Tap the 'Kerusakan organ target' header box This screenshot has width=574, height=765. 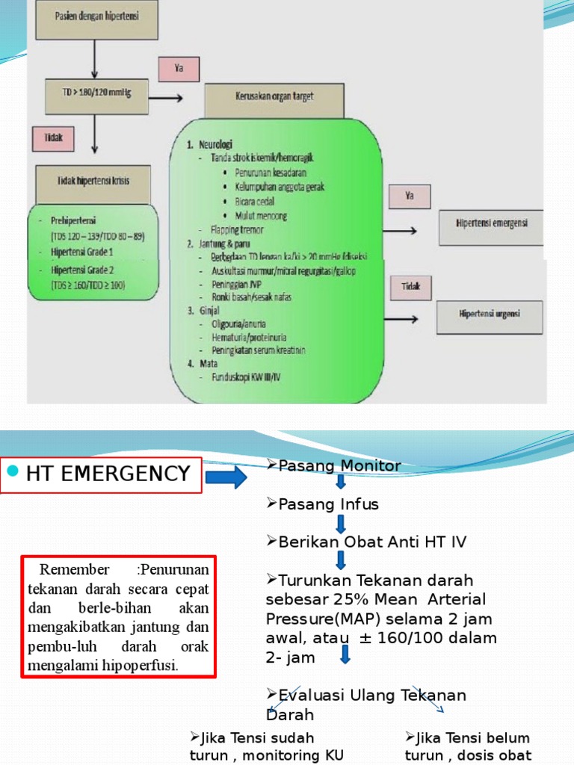274,100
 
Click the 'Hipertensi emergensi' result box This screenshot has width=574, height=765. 490,227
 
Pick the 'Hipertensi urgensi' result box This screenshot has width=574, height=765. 490,313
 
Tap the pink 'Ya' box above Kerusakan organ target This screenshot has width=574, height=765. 179,68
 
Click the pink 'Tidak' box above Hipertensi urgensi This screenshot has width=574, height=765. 410,286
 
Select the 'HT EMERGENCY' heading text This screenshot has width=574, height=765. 108,474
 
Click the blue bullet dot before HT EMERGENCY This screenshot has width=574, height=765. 12,472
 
